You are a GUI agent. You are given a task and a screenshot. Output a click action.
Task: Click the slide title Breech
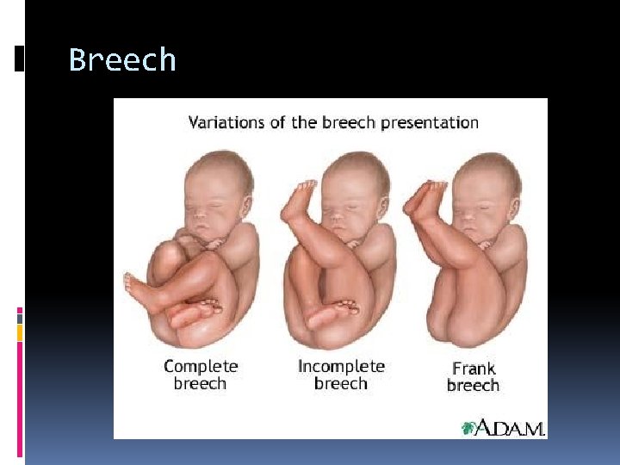(122, 60)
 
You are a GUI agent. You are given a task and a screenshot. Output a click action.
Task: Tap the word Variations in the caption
(227, 121)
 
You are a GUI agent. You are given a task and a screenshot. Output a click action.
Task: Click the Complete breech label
(200, 375)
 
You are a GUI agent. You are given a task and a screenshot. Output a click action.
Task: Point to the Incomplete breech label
(341, 375)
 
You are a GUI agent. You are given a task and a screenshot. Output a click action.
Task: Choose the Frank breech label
(473, 376)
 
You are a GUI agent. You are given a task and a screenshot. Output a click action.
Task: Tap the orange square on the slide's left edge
(20, 331)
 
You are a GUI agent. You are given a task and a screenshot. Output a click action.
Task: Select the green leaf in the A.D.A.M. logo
(468, 428)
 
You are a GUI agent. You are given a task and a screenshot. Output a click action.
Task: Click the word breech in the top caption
(347, 121)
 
